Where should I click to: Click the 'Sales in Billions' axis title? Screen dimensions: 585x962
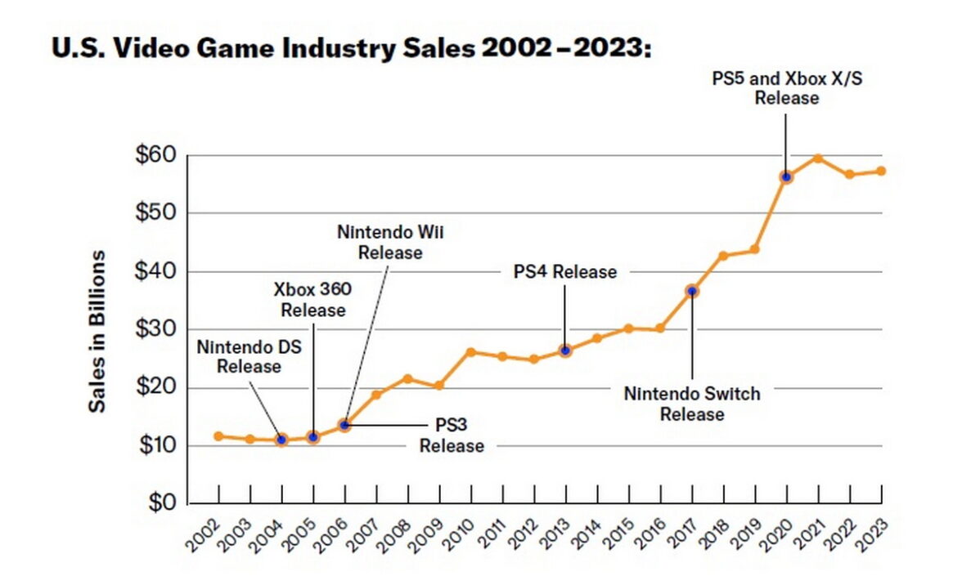pos(97,331)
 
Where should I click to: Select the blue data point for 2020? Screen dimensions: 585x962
pos(786,176)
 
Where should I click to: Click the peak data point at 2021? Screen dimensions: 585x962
pos(817,159)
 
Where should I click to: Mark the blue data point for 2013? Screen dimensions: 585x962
pos(565,351)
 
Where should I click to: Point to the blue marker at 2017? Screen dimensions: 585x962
pos(692,291)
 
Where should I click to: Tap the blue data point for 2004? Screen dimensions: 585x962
pos(281,440)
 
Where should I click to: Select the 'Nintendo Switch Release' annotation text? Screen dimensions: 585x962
pos(692,404)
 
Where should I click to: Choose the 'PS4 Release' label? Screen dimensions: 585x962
pos(565,271)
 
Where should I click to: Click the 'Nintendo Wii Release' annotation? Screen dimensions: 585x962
pos(391,242)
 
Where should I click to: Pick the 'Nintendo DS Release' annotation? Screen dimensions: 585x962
pos(249,356)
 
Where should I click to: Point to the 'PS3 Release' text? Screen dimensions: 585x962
pos(452,436)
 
